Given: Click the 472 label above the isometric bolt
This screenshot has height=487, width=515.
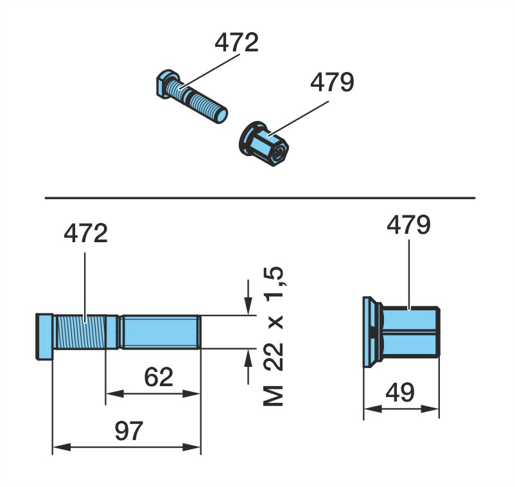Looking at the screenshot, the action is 236,42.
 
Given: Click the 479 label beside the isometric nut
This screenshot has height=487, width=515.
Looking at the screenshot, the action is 333,82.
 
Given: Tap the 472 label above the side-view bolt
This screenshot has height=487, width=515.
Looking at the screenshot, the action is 85,233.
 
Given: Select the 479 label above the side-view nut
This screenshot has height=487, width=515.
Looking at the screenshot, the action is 408,225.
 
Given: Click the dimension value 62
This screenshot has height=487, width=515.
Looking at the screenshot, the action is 159,377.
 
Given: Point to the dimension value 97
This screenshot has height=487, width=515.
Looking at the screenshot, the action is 128,431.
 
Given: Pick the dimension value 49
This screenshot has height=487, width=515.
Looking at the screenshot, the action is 400,393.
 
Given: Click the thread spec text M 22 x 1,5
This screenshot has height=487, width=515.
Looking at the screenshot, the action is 274,336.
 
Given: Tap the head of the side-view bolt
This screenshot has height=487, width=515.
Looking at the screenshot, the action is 44,336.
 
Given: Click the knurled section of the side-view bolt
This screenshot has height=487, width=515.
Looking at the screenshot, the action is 80,332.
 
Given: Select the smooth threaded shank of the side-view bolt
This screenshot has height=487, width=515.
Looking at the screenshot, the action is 160,332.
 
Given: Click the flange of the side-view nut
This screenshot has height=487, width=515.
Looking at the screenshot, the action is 371,332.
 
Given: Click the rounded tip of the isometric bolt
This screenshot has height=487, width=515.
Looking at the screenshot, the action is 222,116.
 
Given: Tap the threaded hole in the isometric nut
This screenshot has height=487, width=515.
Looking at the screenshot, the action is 280,152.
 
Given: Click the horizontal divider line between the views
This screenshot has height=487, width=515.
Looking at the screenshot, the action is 260,198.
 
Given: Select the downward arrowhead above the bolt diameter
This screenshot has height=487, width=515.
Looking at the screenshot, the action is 249,305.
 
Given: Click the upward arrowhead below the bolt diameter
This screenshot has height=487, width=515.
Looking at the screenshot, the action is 249,359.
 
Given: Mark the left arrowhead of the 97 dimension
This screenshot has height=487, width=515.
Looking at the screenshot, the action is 62,447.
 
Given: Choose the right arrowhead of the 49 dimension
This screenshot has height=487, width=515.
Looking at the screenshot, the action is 430,409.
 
